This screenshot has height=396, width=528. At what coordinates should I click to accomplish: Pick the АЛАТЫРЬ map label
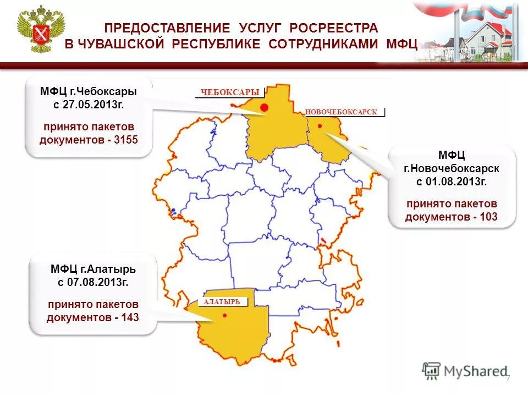click(x=222, y=302)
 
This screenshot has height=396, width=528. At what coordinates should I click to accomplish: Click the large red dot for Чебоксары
click(x=264, y=107)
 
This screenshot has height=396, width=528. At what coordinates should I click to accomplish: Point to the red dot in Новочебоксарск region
click(x=320, y=126)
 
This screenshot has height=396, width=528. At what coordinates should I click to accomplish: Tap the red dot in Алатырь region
click(x=224, y=315)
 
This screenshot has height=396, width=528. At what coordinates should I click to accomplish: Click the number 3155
click(x=126, y=140)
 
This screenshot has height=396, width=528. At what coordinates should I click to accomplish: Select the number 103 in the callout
click(x=488, y=217)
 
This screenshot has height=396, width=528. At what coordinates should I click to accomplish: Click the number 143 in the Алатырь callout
click(x=130, y=317)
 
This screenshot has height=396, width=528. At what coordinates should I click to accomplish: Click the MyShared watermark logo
click(x=465, y=371)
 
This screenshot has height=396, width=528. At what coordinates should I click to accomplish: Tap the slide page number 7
click(x=508, y=378)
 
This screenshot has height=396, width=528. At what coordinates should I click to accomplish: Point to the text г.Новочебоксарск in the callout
click(x=452, y=168)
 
